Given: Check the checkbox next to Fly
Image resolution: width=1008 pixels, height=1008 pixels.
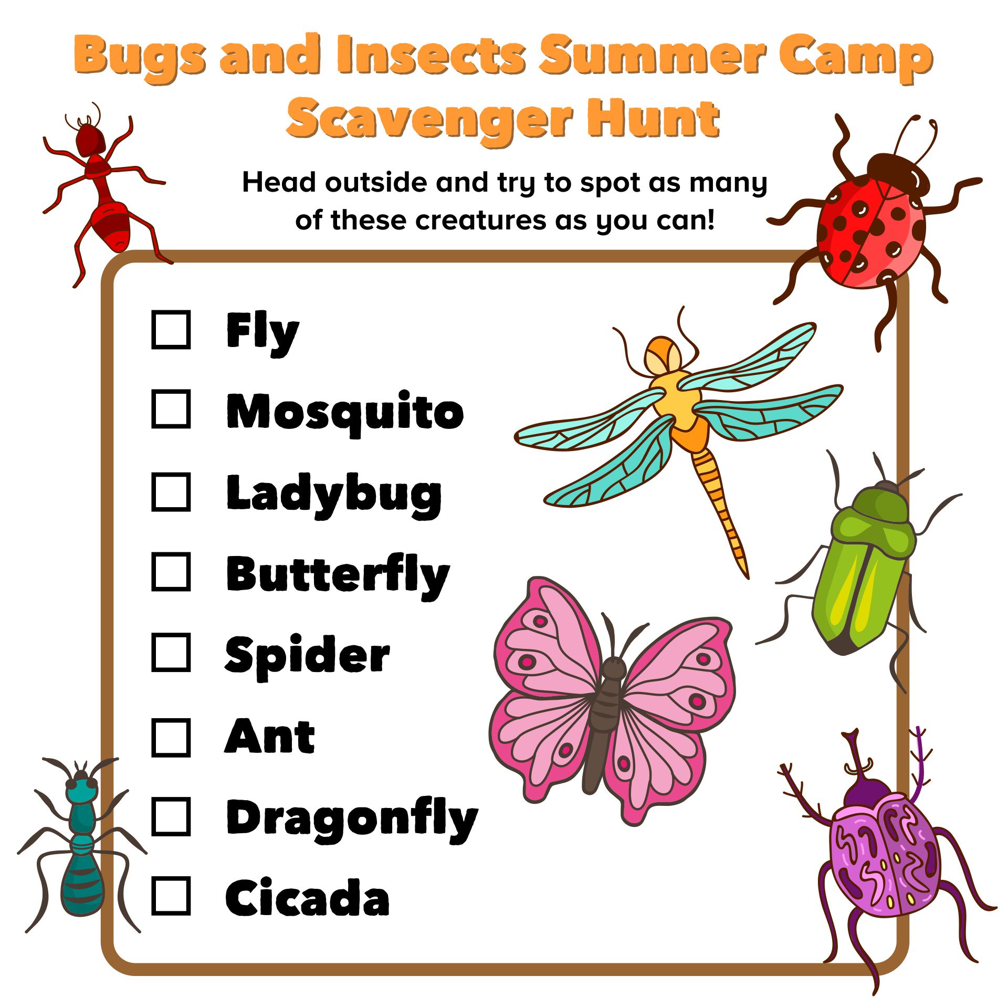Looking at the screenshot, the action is (x=171, y=330).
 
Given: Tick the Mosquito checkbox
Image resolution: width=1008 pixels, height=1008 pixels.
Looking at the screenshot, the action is (x=171, y=408).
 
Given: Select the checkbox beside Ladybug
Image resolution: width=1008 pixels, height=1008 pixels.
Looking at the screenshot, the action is (x=171, y=491).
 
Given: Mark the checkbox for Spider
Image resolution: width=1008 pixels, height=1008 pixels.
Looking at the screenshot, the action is (x=171, y=653).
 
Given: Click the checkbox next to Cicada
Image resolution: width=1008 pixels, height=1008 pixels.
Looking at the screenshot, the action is (x=171, y=896).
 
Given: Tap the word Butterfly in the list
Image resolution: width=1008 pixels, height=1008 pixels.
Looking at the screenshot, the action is (x=338, y=576).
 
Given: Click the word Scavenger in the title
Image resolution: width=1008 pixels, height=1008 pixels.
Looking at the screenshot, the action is (x=429, y=120).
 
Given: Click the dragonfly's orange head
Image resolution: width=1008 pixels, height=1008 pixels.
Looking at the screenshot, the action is (x=663, y=355).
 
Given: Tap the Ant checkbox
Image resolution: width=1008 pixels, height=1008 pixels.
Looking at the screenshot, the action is (x=171, y=738).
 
